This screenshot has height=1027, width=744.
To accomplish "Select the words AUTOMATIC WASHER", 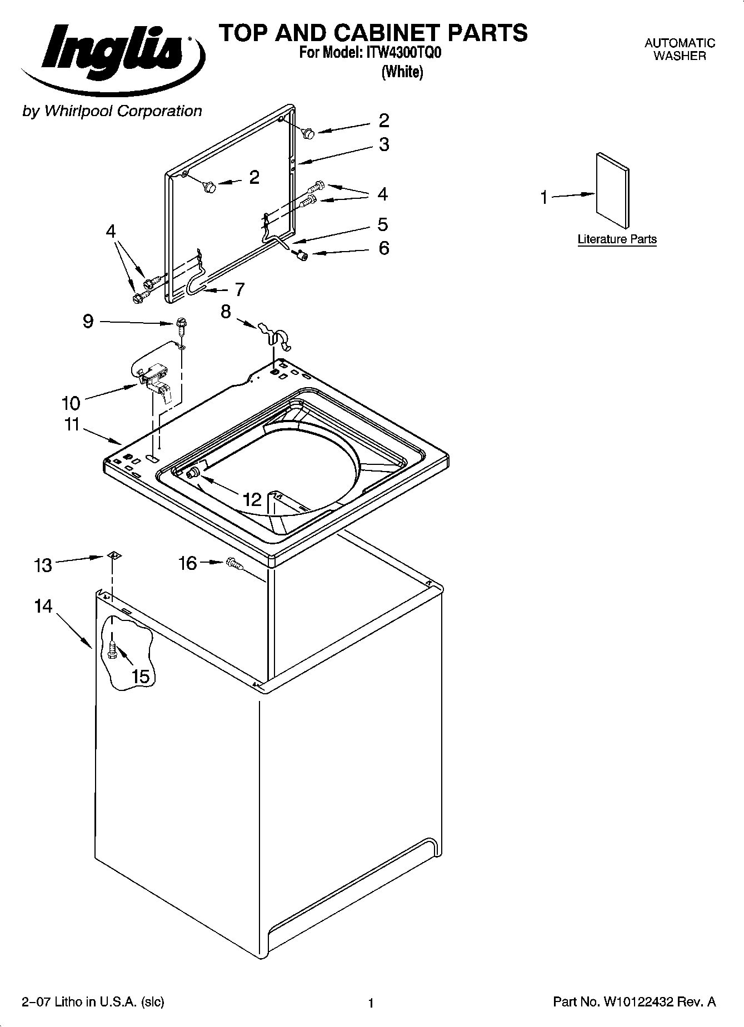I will [x=679, y=49].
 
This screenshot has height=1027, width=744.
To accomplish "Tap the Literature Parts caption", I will [x=617, y=239].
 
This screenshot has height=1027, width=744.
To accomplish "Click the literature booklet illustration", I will [x=613, y=190].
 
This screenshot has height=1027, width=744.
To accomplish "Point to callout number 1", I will [x=544, y=197].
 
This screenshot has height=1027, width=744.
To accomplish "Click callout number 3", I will [x=384, y=144].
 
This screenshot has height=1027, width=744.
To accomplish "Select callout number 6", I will [x=384, y=248].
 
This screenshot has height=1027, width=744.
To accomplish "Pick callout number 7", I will [x=239, y=289].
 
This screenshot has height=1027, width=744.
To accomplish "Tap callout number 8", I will [x=226, y=312].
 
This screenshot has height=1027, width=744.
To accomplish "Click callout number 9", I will [x=88, y=321].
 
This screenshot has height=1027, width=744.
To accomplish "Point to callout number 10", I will [x=71, y=403].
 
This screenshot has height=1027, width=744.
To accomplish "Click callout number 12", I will [x=252, y=499].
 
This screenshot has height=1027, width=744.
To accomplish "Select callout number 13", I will [x=43, y=565].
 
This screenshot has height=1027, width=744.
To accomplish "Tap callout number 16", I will [x=187, y=563].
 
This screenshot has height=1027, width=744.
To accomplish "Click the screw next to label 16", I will [x=235, y=565].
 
